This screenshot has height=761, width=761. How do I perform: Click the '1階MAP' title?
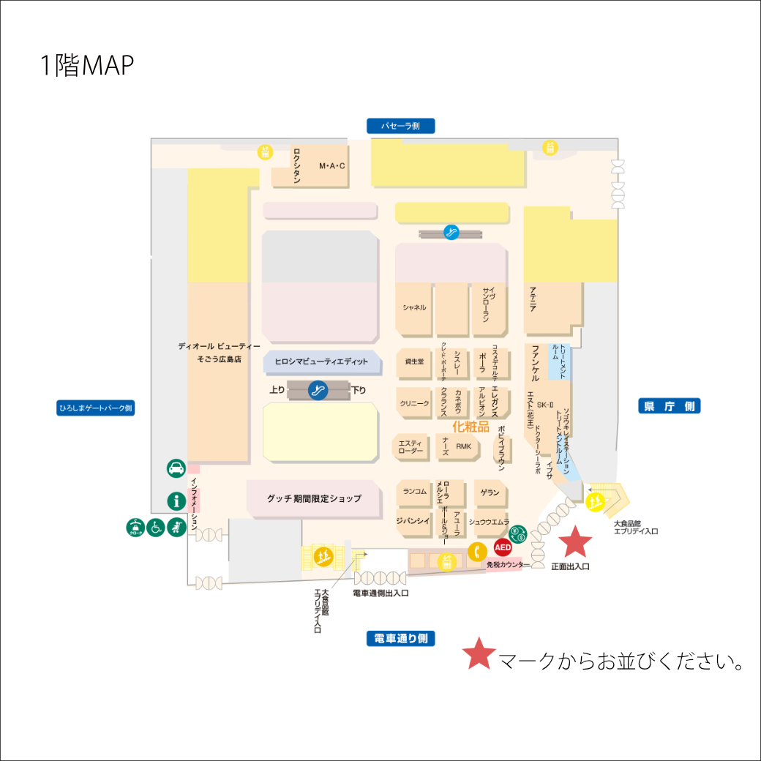87,66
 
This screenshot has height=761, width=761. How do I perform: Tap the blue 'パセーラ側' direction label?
400,126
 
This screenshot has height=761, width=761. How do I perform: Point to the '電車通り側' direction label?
400,639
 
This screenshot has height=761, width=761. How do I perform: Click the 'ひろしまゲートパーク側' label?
95,408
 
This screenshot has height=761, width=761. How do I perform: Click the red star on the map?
575,542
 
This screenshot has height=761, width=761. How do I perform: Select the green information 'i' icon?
176,501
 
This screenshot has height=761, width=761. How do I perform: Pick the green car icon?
176,468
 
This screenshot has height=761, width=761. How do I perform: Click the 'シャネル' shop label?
414,307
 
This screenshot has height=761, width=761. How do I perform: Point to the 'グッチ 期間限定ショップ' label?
314,498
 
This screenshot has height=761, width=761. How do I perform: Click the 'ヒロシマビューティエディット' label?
322,361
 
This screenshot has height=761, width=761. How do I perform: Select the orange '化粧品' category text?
471,427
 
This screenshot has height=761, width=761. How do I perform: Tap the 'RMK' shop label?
464,446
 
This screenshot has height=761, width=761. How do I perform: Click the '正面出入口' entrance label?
570,566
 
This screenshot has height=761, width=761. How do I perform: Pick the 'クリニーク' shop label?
414,403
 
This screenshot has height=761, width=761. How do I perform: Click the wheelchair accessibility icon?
156,526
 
